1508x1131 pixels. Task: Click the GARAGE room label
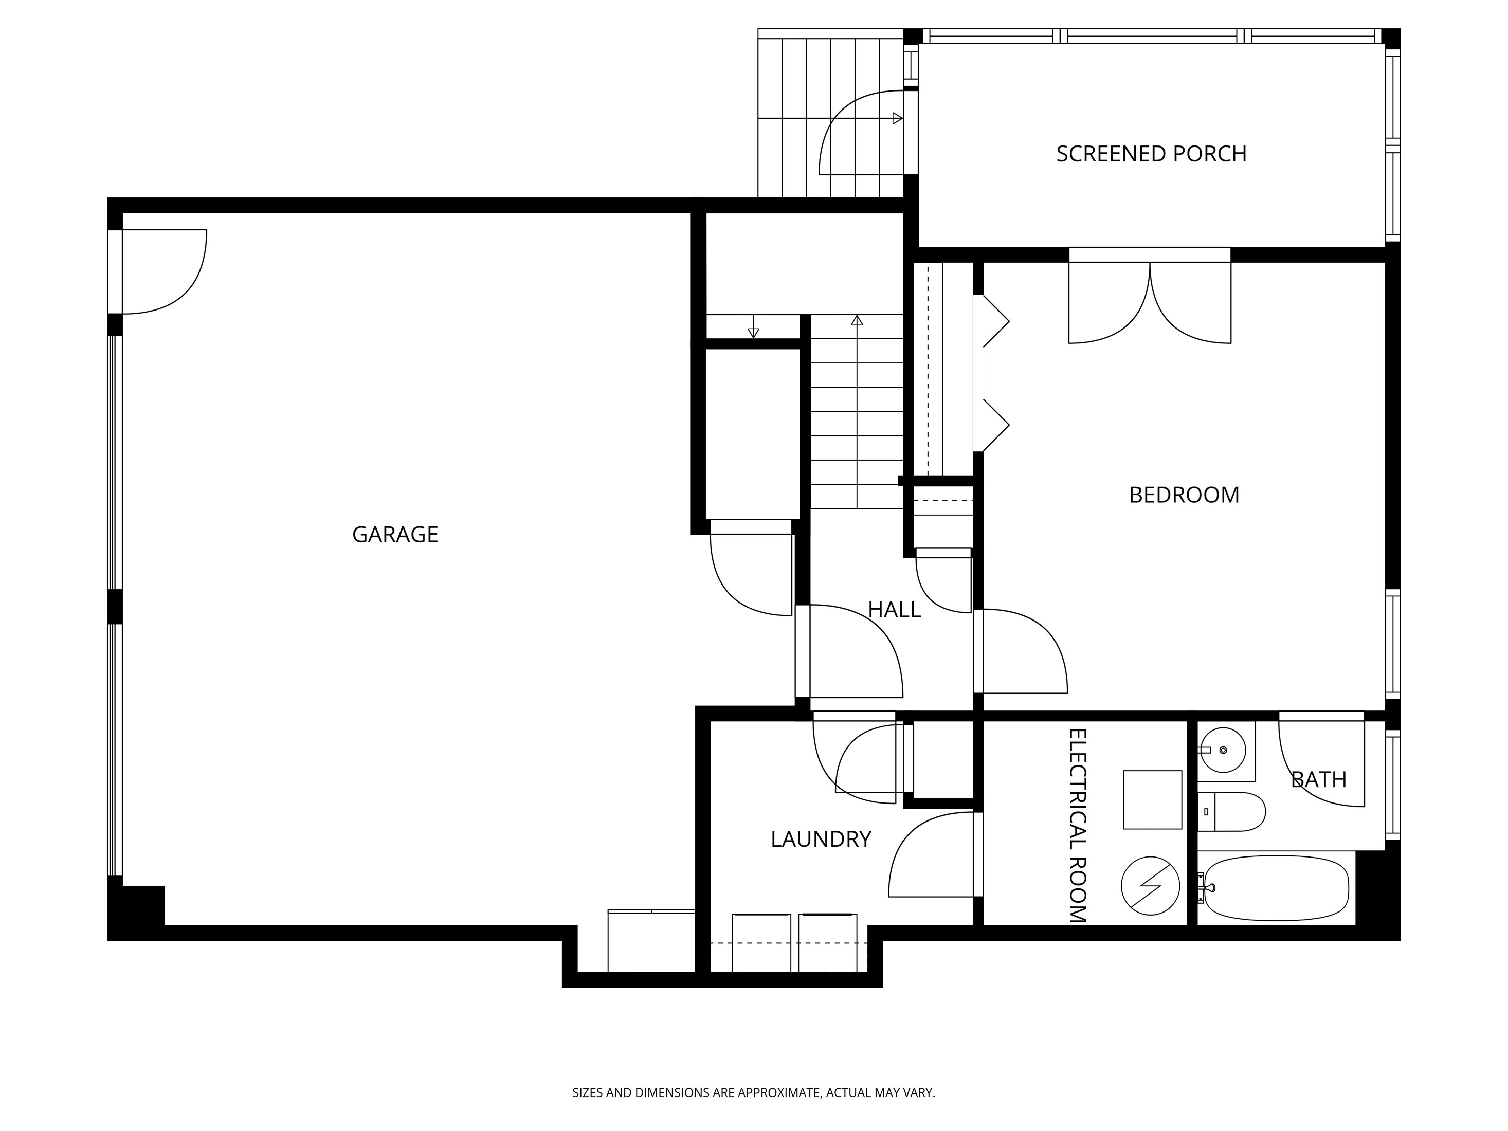point(395,535)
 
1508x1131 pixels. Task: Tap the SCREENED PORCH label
point(1152,154)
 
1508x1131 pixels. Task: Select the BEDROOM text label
point(1184,495)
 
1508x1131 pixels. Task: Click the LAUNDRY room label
point(821,839)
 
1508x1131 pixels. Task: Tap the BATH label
point(1318,779)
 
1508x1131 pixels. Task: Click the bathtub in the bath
point(1276,888)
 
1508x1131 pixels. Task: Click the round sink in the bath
point(1223,750)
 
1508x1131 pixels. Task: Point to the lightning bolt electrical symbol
point(1150,886)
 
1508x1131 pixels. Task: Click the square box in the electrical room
point(1152,800)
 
